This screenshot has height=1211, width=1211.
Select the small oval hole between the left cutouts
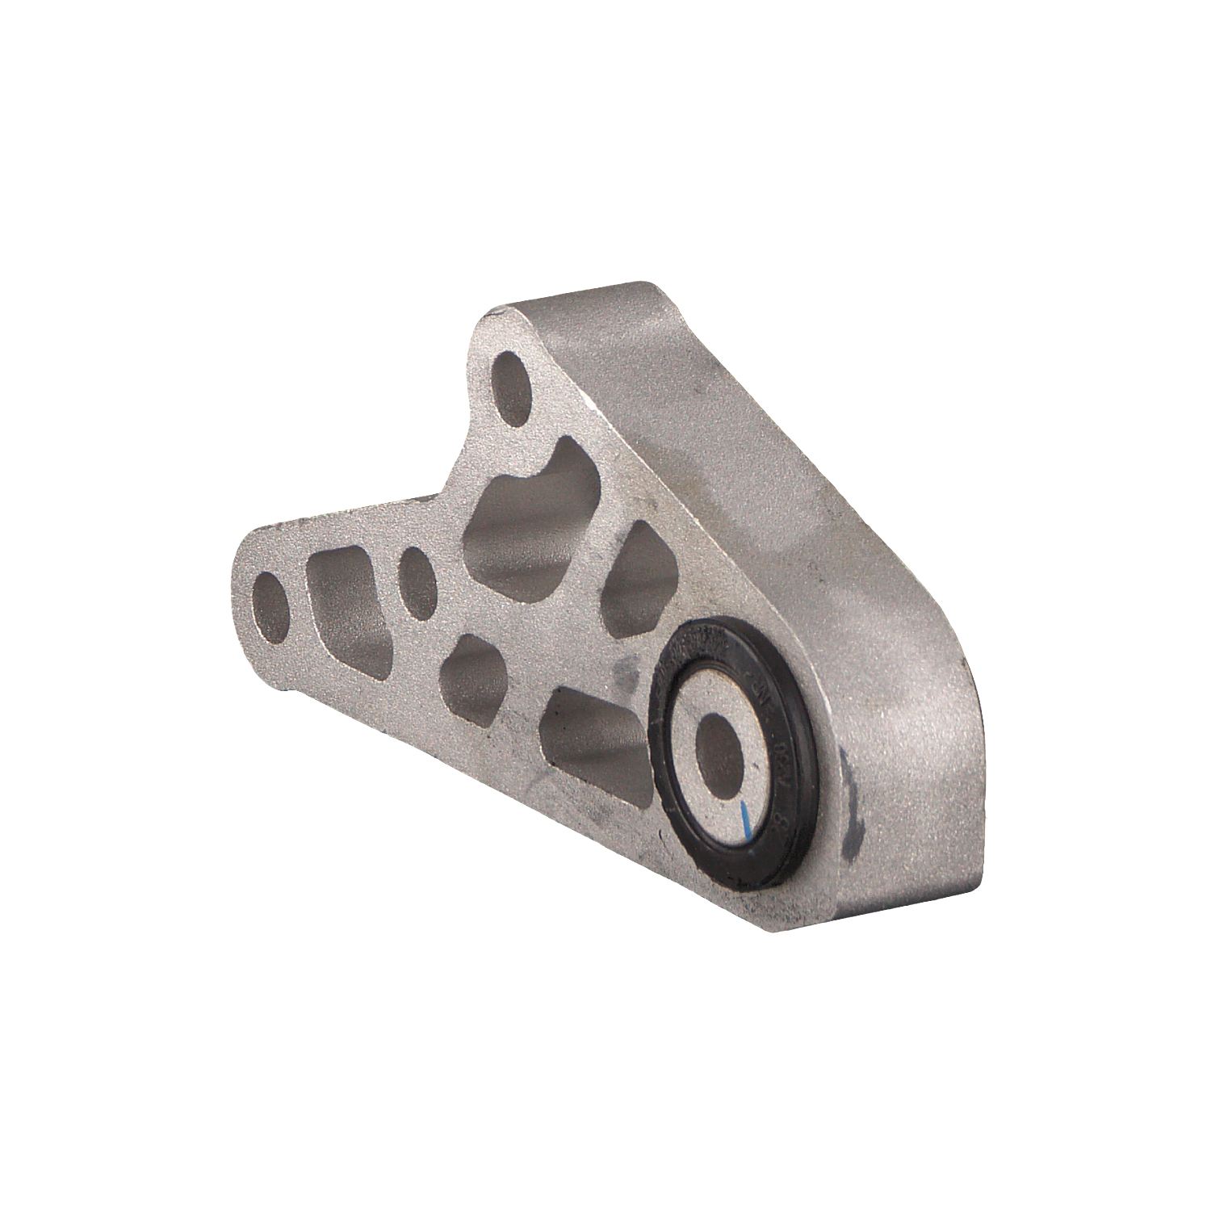(417, 578)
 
